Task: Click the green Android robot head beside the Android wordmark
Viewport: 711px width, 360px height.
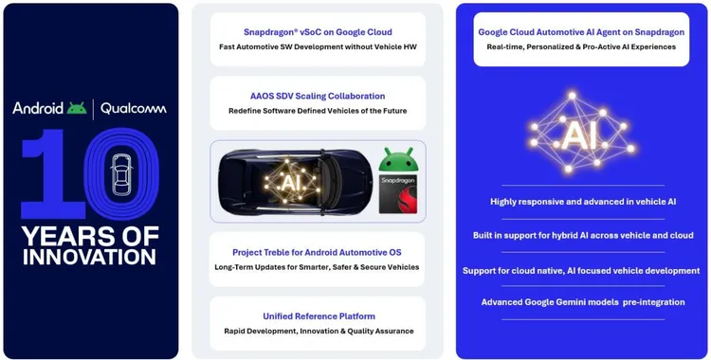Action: [x=77, y=108]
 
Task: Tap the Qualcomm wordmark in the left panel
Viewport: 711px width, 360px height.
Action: [x=132, y=108]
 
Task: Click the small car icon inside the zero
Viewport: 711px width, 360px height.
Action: [x=121, y=173]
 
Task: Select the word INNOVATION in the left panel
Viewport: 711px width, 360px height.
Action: [x=90, y=257]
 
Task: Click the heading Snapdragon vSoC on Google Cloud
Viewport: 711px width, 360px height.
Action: [x=319, y=32]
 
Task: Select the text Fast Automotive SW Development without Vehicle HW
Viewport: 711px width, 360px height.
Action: [x=319, y=48]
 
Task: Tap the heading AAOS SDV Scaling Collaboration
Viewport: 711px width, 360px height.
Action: [x=319, y=96]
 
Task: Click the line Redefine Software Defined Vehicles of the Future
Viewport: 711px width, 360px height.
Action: [x=319, y=111]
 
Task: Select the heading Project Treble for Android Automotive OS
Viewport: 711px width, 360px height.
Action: [x=319, y=252]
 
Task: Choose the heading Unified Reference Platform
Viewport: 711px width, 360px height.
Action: [x=319, y=315]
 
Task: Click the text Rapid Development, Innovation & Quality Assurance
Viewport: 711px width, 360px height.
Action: [x=319, y=331]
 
